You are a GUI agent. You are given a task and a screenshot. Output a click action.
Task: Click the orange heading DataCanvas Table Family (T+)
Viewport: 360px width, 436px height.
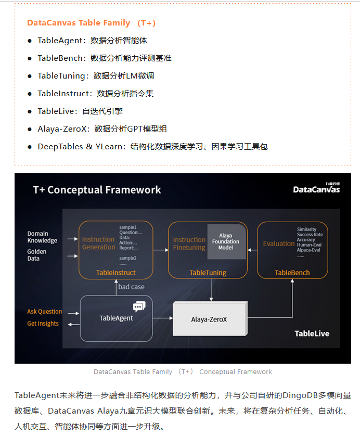tap(91, 23)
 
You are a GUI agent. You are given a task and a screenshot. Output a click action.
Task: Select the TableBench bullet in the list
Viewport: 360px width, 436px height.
tap(104, 58)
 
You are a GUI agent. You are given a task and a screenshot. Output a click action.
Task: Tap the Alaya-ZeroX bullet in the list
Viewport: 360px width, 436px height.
tap(102, 129)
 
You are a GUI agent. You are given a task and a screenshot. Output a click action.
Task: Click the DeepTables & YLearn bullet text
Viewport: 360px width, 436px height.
tap(152, 146)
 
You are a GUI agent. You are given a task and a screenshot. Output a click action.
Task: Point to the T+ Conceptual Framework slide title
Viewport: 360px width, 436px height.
tap(97, 190)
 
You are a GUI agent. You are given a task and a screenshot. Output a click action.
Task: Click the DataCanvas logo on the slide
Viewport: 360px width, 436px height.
tap(316, 188)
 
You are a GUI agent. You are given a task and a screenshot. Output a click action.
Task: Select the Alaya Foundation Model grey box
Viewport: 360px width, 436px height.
tap(226, 241)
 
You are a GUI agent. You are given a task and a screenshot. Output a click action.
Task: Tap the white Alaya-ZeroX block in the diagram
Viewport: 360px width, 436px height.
tap(209, 319)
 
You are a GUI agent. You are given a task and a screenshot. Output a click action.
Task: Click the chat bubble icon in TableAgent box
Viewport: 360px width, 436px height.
tap(138, 306)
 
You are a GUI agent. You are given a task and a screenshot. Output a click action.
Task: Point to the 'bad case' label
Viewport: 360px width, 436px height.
tap(131, 287)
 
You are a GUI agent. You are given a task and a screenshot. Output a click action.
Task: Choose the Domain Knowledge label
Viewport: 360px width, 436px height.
tap(42, 237)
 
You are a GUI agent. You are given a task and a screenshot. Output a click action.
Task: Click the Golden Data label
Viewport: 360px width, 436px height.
tap(37, 255)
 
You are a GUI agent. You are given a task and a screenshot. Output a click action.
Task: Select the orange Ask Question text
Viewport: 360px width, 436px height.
tap(44, 312)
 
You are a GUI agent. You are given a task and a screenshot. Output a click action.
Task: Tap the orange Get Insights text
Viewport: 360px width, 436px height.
tap(43, 324)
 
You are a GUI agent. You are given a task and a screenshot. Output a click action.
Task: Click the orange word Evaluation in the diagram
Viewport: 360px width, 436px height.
tap(278, 243)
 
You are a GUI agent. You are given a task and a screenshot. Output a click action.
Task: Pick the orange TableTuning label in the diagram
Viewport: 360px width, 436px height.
tap(208, 273)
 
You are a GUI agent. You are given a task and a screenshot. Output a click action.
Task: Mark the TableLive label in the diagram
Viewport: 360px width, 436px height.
tap(312, 334)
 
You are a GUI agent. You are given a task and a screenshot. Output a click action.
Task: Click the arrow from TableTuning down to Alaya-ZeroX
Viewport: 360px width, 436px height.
tap(211, 289)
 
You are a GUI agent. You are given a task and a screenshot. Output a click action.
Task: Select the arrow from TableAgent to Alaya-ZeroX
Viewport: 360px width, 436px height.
tap(162, 317)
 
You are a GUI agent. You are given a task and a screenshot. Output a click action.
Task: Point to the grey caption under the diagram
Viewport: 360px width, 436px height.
tap(183, 371)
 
